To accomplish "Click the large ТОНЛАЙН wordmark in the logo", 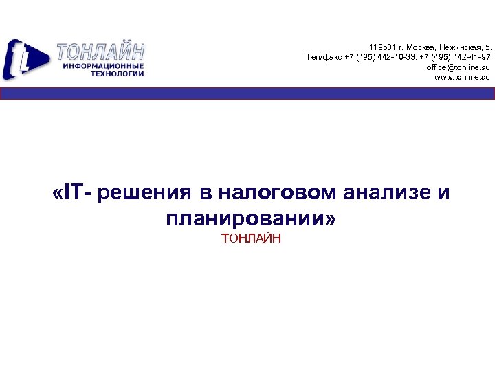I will (100, 52).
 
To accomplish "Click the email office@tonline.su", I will (458, 67).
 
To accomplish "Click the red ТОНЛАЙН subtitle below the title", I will (251, 238).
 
